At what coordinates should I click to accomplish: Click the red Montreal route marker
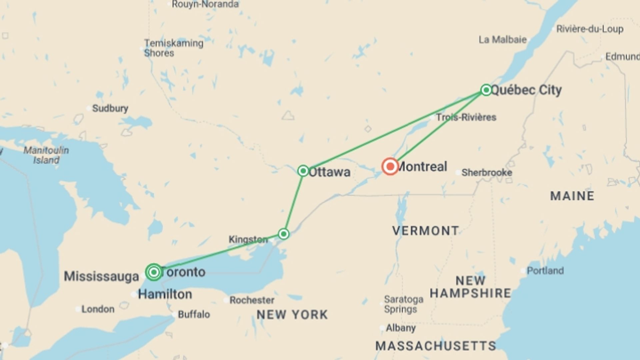tap(390, 166)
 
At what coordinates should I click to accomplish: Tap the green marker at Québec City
tap(486, 90)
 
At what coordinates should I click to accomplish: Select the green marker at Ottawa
tap(303, 171)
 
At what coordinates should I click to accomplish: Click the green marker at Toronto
tap(154, 272)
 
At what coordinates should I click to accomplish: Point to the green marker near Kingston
tap(284, 234)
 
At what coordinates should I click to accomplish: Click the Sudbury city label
tap(110, 108)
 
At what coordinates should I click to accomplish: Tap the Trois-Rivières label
tap(466, 117)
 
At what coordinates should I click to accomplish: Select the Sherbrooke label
tap(487, 173)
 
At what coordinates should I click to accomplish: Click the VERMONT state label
tap(425, 231)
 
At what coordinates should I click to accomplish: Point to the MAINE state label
tap(572, 196)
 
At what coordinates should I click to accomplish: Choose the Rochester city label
tap(252, 300)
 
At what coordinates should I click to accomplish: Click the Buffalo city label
tap(194, 314)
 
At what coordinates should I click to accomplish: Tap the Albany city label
tap(401, 328)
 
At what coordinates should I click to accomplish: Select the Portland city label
tap(545, 270)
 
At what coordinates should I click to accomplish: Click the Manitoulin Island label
tap(46, 155)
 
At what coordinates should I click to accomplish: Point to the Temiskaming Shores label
tap(173, 48)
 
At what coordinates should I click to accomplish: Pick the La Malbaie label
tap(502, 40)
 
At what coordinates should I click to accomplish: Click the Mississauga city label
tap(101, 276)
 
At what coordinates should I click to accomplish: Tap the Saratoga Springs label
tap(403, 304)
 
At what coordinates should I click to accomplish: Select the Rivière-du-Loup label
tap(590, 29)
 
